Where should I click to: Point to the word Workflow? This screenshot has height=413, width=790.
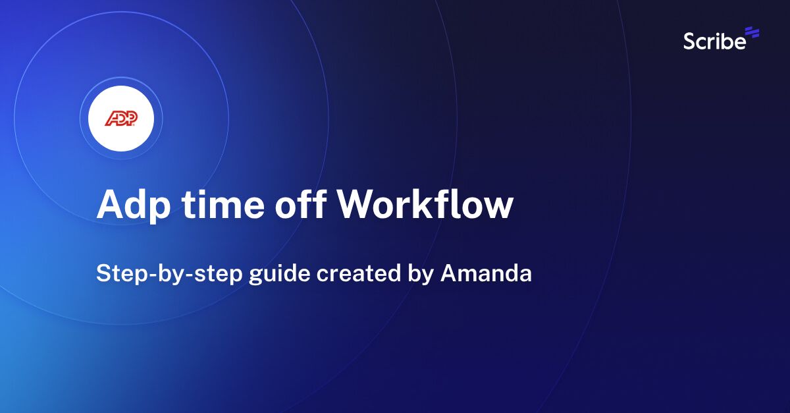[425, 204]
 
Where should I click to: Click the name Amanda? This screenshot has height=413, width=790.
[486, 273]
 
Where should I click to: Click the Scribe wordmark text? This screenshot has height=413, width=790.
[714, 41]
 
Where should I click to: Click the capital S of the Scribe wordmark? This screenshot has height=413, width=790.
[689, 41]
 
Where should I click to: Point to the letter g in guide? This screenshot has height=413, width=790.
[255, 275]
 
